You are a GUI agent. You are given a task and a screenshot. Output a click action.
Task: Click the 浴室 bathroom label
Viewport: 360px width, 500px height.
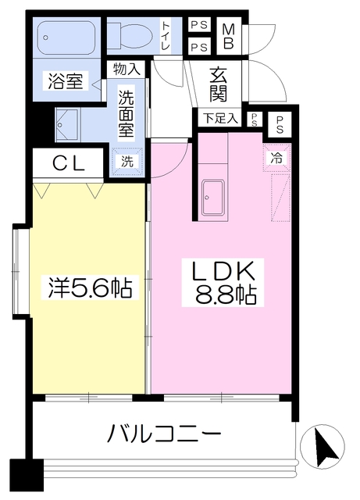coord(65,81)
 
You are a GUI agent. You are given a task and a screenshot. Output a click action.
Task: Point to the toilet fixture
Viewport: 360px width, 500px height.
coord(129,36)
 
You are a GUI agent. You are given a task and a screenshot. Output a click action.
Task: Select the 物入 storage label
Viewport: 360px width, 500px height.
coord(126,70)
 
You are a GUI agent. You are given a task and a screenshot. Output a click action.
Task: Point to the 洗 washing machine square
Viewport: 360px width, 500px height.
coord(127,161)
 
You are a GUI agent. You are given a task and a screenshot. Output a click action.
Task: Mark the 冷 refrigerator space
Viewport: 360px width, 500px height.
coord(276,157)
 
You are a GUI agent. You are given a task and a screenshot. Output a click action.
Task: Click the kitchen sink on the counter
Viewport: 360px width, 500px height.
coord(212,198)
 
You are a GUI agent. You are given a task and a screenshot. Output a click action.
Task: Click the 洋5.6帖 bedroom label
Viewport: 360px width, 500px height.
coord(86,287)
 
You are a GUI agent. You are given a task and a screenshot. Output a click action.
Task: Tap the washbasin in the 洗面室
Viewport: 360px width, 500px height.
coord(67,123)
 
